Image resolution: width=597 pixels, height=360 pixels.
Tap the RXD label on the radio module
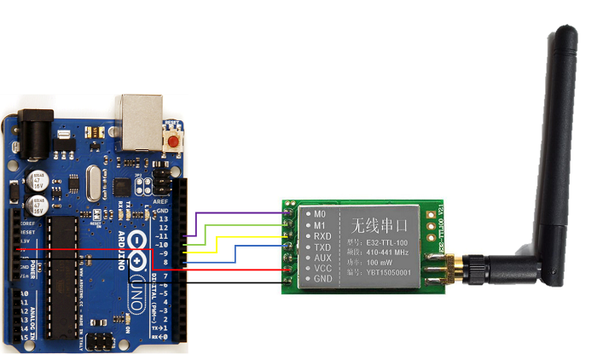click(322, 235)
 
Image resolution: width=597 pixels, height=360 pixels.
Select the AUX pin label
click(322, 258)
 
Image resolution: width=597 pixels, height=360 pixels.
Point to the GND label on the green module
click(322, 279)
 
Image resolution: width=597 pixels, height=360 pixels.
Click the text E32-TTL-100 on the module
click(377, 241)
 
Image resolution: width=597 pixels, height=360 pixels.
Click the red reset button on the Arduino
click(174, 141)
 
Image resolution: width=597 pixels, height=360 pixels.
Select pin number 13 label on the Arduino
click(163, 219)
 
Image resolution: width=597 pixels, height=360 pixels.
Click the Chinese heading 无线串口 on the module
click(375, 225)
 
